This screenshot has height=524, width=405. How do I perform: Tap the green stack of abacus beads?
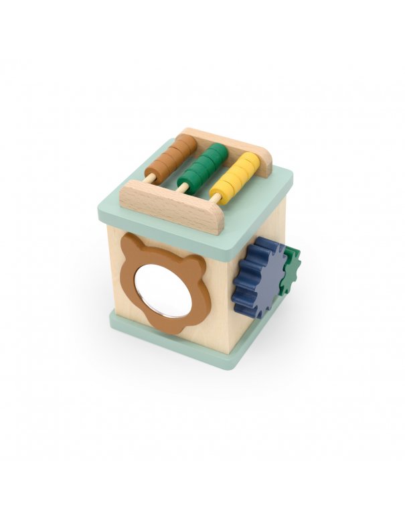point(204,166)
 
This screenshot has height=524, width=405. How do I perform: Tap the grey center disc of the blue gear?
point(263,274)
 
